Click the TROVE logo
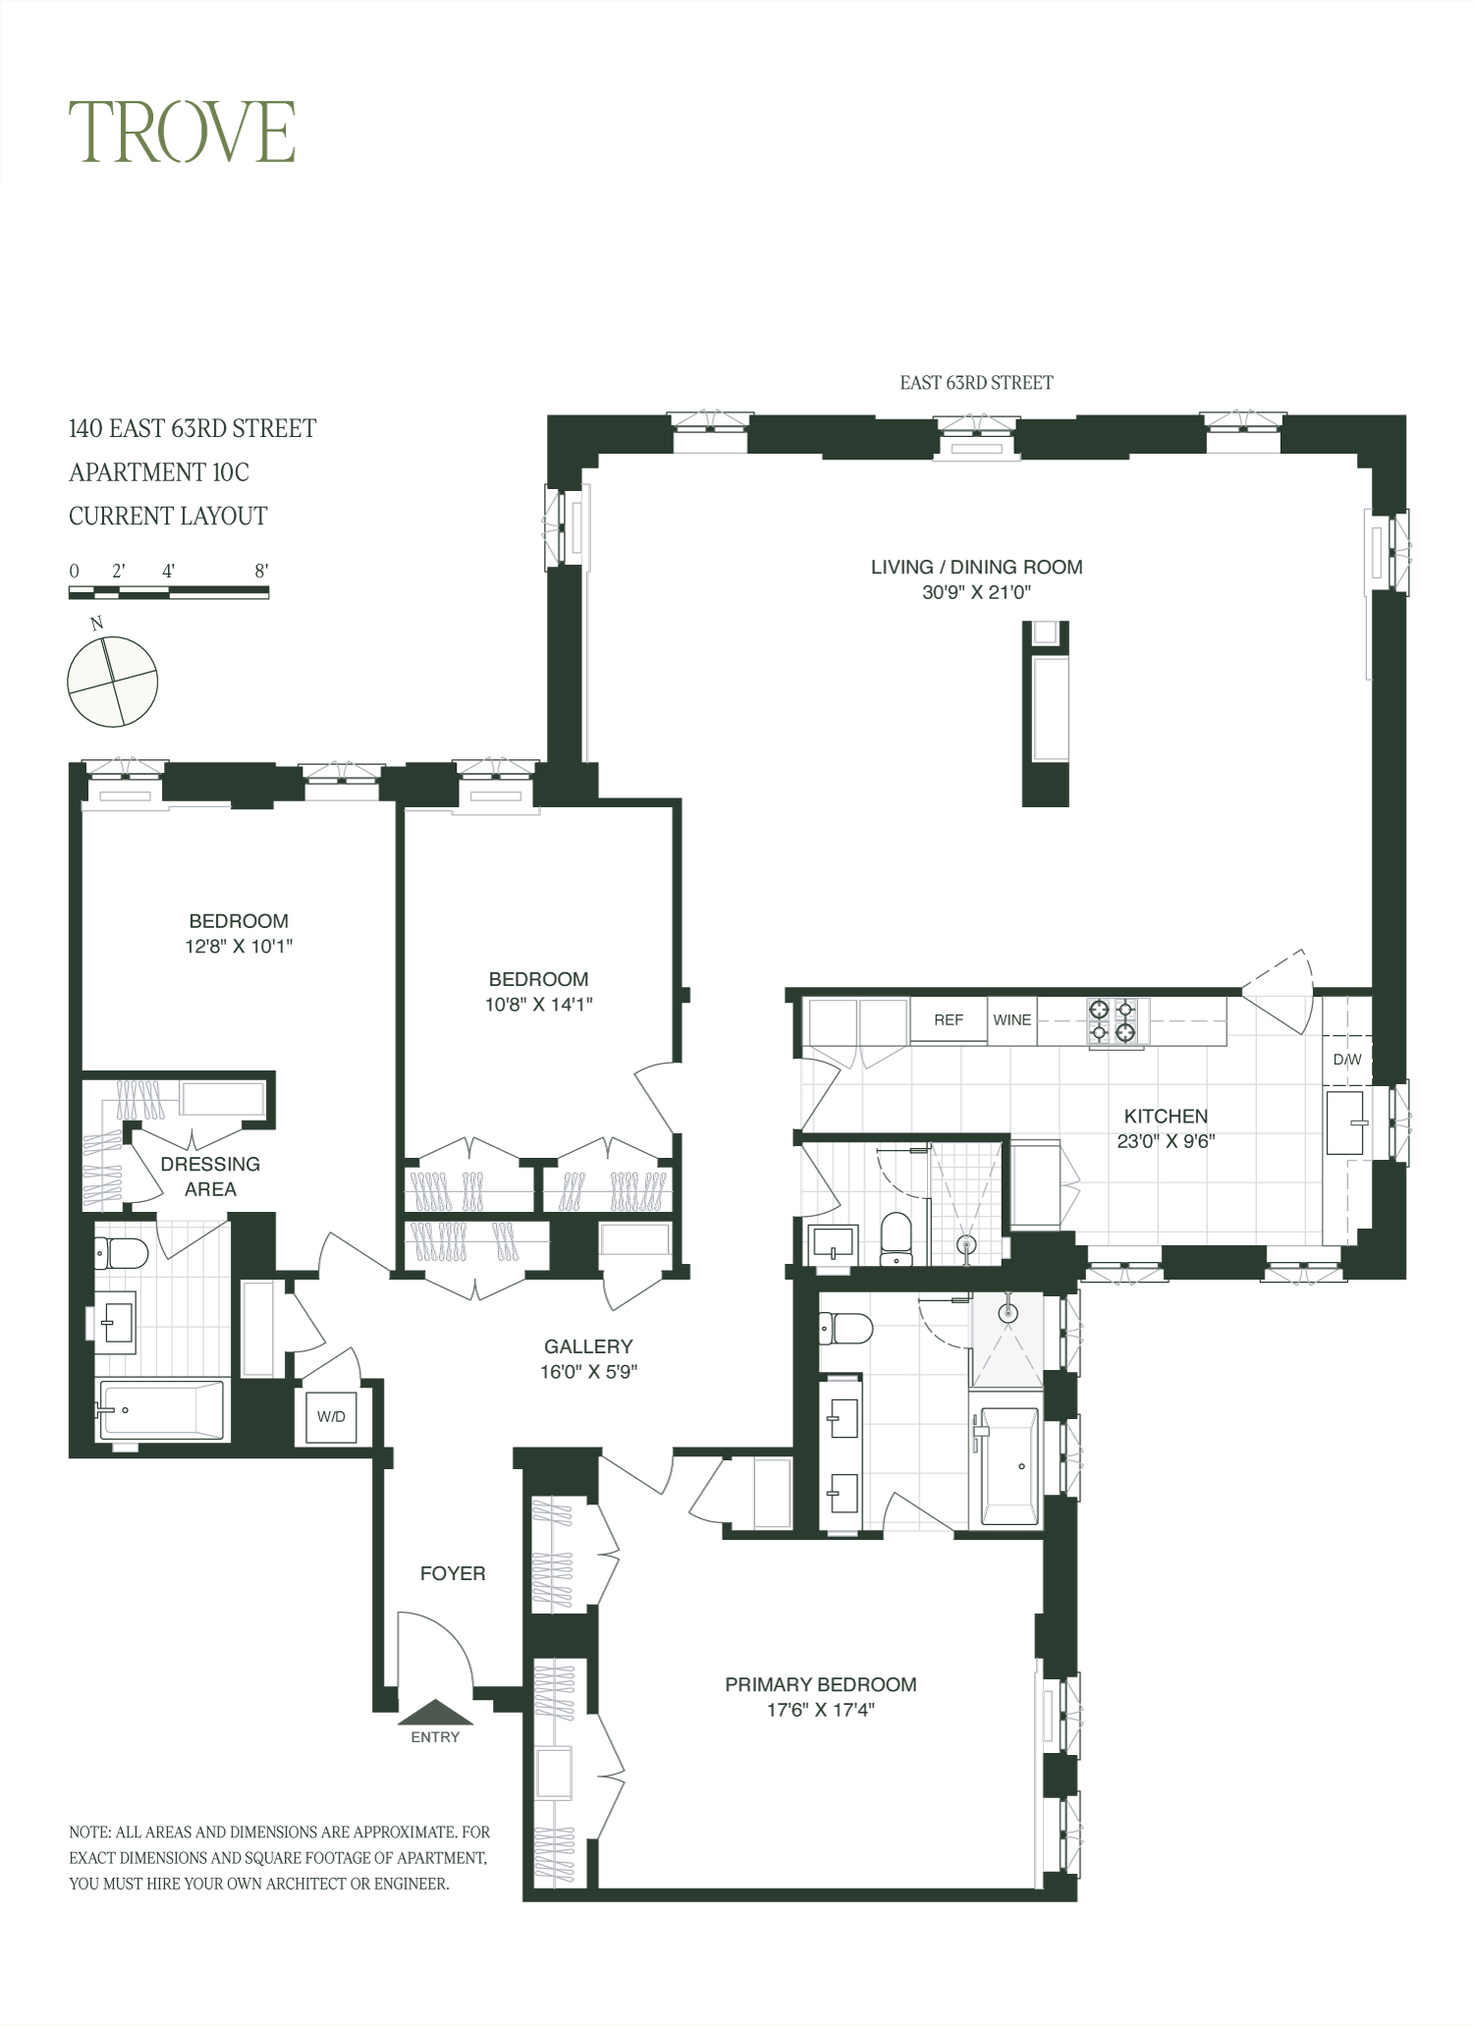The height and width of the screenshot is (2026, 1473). pyautogui.click(x=182, y=132)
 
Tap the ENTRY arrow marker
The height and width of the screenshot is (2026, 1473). pyautogui.click(x=435, y=1712)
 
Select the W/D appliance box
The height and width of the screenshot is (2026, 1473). pyautogui.click(x=331, y=1416)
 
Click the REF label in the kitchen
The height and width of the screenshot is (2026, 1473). pyautogui.click(x=948, y=1019)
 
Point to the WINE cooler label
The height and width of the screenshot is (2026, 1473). pyautogui.click(x=1011, y=1019)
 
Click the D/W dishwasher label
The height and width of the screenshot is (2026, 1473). pyautogui.click(x=1347, y=1060)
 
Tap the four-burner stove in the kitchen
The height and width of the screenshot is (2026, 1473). pyautogui.click(x=1113, y=1020)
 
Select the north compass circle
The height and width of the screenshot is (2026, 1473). pyautogui.click(x=112, y=682)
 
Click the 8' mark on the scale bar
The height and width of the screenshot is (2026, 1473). pyautogui.click(x=261, y=571)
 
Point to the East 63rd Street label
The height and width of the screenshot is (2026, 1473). pyautogui.click(x=976, y=383)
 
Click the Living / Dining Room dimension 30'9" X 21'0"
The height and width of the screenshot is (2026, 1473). pyautogui.click(x=976, y=592)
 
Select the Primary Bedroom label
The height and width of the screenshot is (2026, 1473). pyautogui.click(x=820, y=1684)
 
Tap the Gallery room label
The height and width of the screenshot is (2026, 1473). pyautogui.click(x=588, y=1346)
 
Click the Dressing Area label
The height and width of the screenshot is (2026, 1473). pyautogui.click(x=210, y=1176)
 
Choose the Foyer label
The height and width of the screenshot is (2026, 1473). pyautogui.click(x=453, y=1573)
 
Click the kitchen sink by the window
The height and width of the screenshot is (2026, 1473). pyautogui.click(x=1346, y=1122)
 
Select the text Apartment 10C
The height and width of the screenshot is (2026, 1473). pyautogui.click(x=159, y=472)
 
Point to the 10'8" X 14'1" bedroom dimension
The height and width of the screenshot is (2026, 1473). pyautogui.click(x=538, y=1004)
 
